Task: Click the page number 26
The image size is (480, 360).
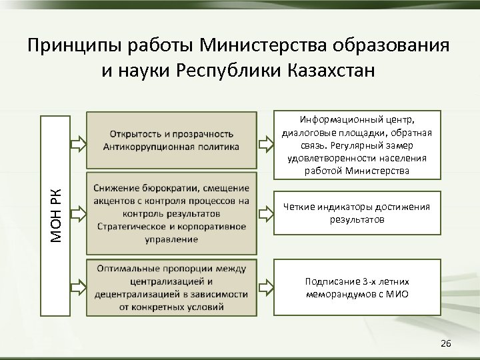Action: click(x=446, y=343)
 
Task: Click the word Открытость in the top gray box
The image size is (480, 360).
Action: click(x=135, y=134)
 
